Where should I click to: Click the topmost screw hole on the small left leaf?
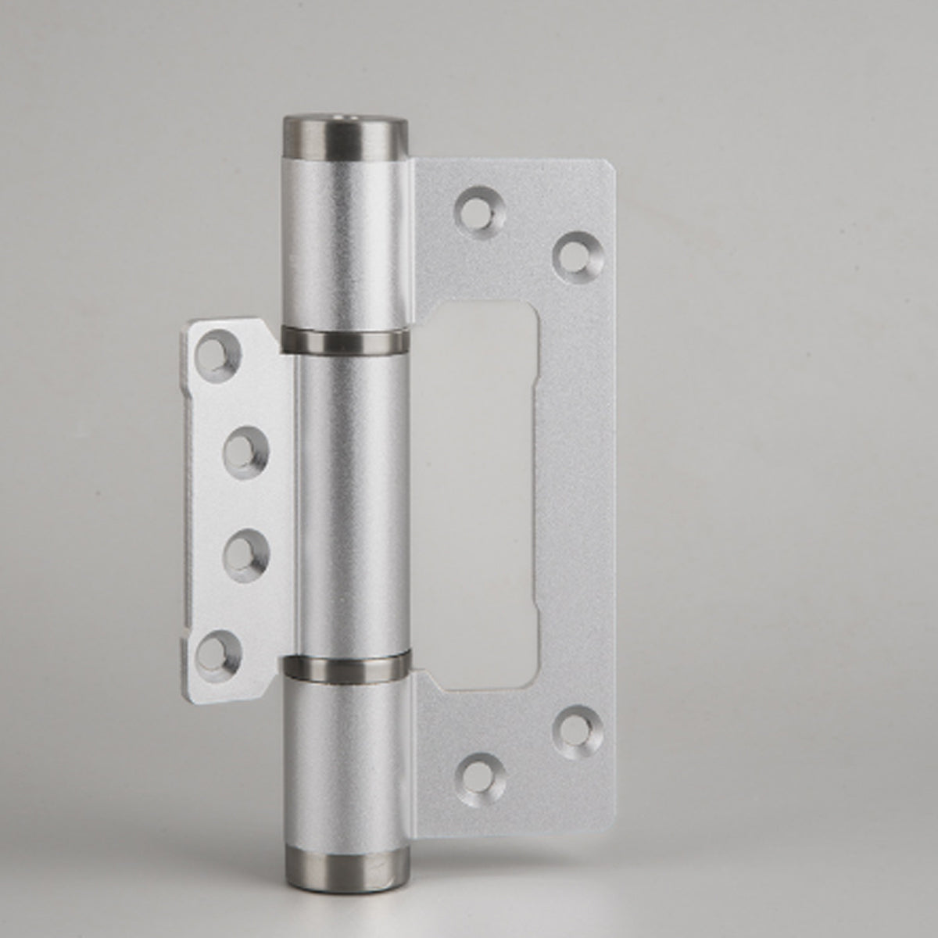(218, 349)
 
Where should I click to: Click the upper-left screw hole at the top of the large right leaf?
(477, 207)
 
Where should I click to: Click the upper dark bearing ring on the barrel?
(345, 339)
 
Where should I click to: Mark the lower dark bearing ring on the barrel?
(346, 667)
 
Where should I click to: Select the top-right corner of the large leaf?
(608, 166)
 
